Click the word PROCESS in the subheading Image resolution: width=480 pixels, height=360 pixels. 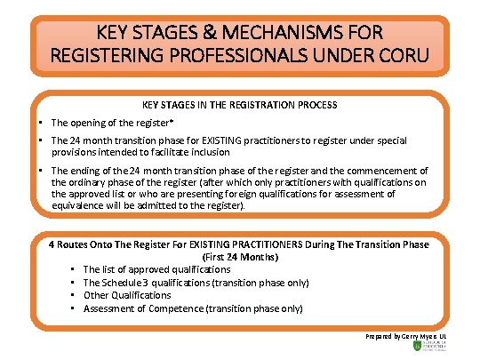(x=314, y=104)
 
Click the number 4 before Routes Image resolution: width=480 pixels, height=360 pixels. (x=52, y=244)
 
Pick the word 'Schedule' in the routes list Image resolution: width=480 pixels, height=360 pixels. (x=126, y=282)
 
